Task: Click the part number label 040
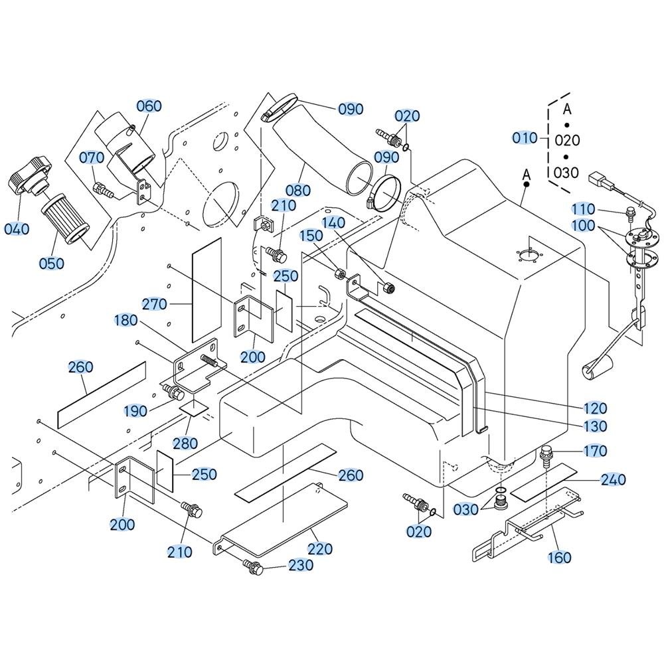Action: (x=17, y=229)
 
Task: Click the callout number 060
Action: (x=149, y=106)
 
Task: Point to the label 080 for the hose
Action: (x=298, y=191)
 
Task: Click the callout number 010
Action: (x=525, y=137)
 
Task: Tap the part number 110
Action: (x=583, y=208)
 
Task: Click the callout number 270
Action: (x=155, y=304)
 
